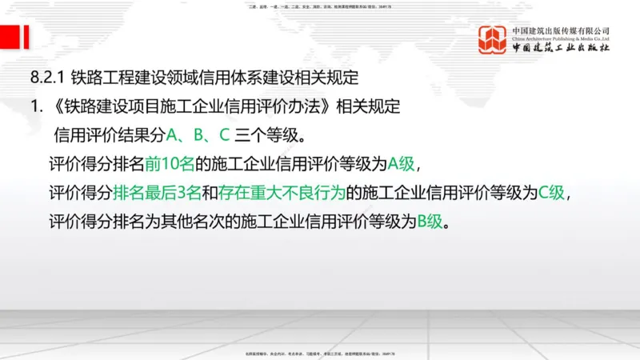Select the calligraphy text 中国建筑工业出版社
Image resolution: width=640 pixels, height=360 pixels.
pos(560,46)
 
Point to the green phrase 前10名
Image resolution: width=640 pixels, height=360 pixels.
pos(169,164)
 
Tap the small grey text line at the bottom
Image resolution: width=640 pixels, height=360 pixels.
pos(320,354)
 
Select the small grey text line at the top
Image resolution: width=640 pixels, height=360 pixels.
pos(320,6)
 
